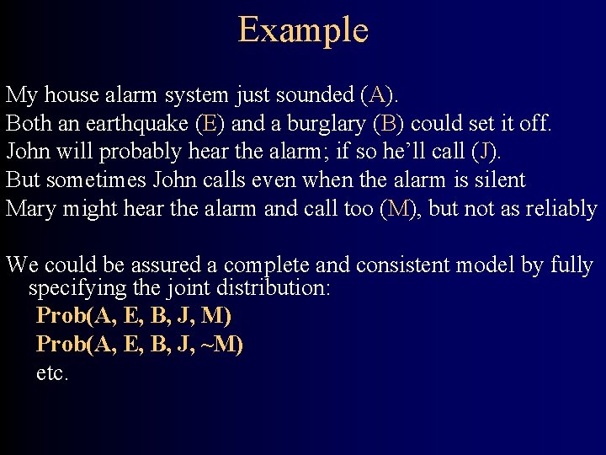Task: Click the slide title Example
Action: pos(303,29)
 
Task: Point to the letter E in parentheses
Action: pos(209,124)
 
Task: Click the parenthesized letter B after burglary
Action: pos(388,124)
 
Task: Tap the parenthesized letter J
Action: pos(486,153)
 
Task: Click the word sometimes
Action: pos(88,180)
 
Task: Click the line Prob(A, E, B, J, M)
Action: pos(134,317)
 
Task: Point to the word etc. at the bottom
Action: pos(51,373)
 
